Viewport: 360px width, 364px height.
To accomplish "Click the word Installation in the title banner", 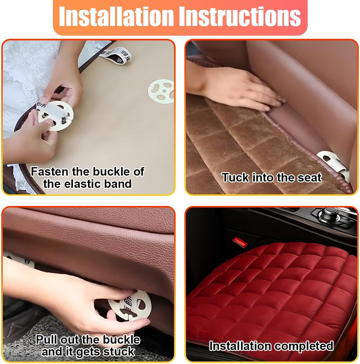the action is pos(116,16).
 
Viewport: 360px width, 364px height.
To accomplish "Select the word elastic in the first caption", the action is pos(82,184).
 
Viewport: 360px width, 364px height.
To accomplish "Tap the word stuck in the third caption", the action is pos(119,352).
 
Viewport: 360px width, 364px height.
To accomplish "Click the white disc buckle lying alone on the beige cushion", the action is pos(161,91).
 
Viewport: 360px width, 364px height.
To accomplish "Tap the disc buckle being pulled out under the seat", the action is pos(130,305).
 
